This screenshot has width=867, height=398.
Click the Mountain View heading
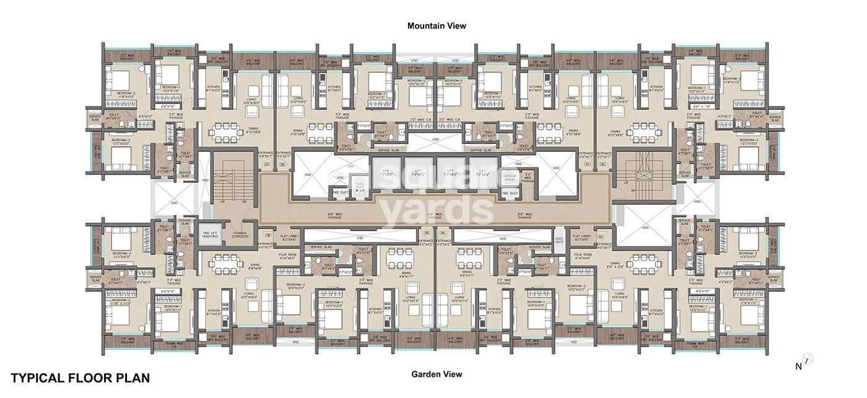point(436,26)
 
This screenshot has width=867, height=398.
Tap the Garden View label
point(436,374)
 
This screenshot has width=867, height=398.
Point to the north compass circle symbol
point(808,358)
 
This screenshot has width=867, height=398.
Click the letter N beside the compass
point(798,366)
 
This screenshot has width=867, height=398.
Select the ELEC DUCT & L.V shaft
point(360,186)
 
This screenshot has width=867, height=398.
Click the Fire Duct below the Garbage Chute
point(509,194)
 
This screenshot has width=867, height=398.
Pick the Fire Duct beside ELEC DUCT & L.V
point(340,194)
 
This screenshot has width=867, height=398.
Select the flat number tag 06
point(268,235)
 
